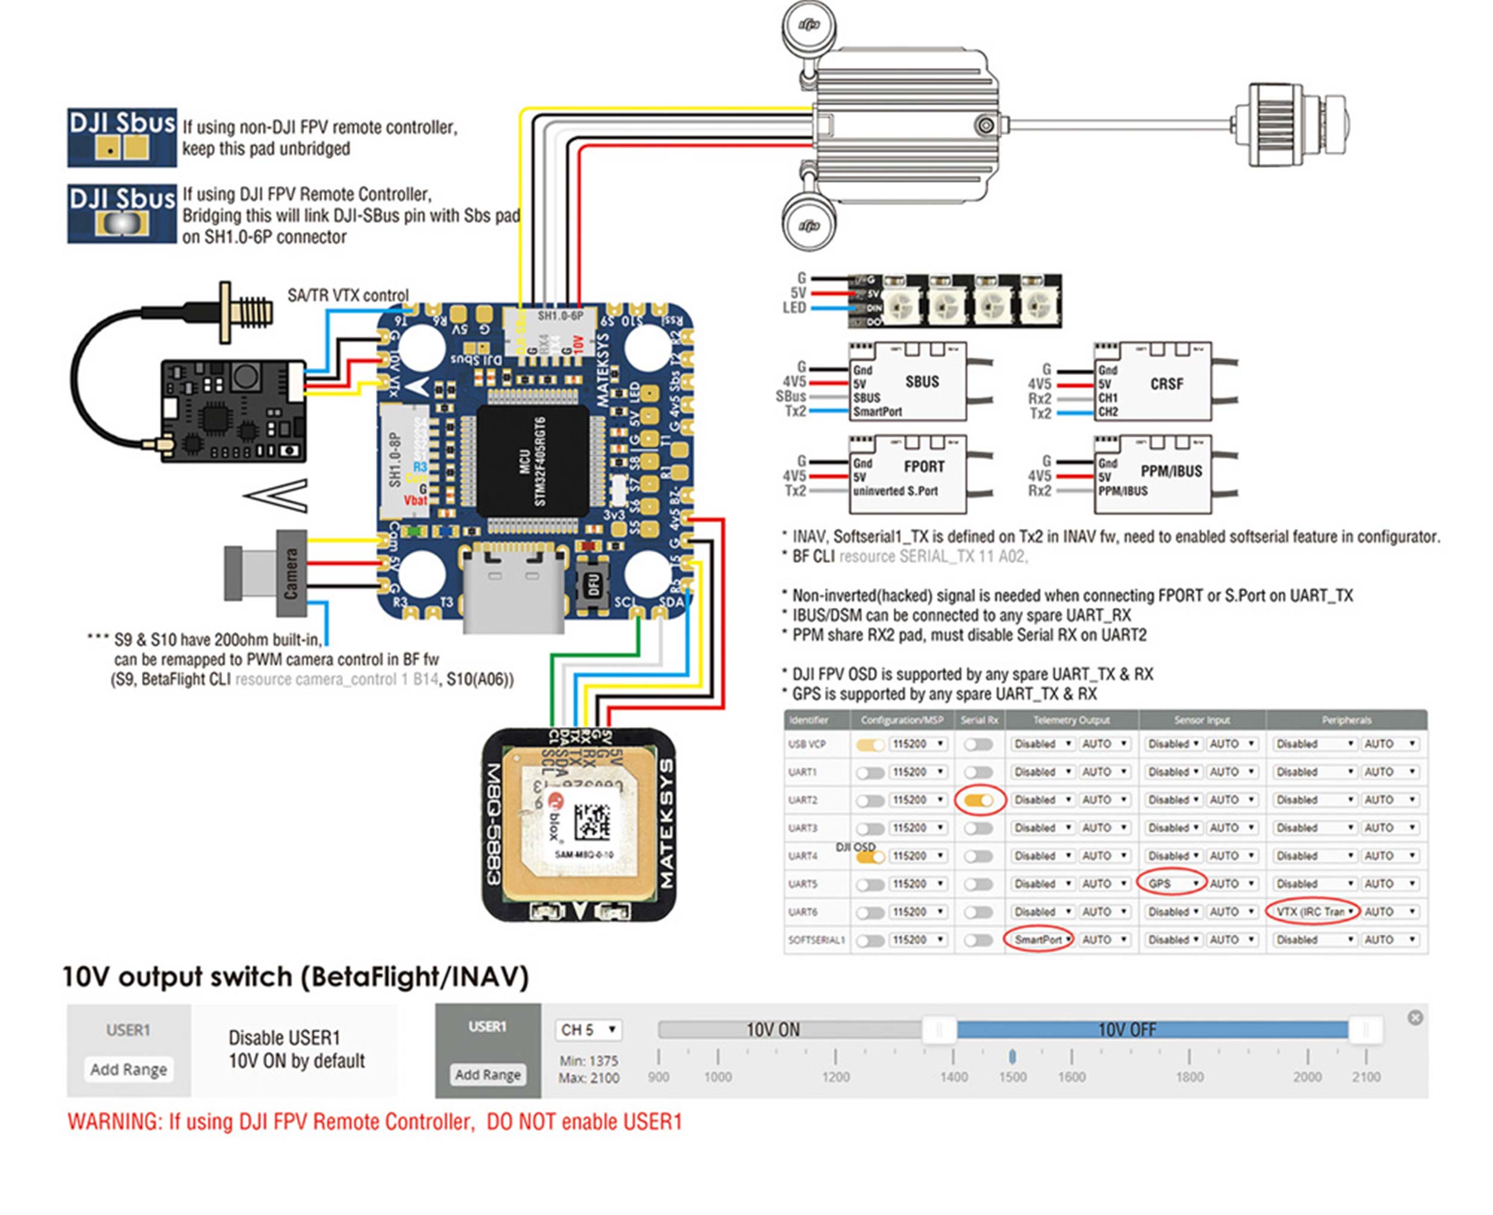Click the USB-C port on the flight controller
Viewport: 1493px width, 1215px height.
(513, 588)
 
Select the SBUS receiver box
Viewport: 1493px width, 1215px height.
(908, 382)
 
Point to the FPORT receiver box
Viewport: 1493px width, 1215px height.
(908, 475)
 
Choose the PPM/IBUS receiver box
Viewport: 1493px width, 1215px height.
(1152, 475)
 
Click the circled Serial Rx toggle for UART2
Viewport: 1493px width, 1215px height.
(979, 800)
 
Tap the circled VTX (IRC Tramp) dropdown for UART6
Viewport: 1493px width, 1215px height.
(1313, 912)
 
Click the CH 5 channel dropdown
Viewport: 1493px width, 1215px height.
(588, 1029)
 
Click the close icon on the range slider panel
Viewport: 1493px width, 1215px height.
(1415, 1017)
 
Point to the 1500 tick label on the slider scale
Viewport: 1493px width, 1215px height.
(1012, 1077)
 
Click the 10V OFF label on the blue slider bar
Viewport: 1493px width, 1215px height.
(1127, 1029)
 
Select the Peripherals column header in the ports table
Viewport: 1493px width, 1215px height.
(1346, 720)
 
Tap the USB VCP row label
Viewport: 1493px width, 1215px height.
(806, 744)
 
